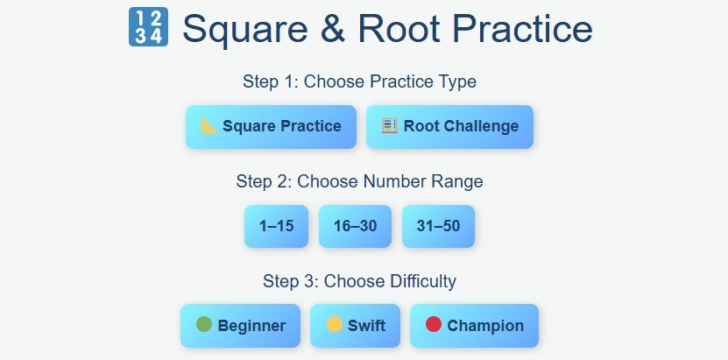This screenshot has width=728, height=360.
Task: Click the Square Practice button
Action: click(271, 127)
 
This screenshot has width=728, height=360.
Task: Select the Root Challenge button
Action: click(449, 127)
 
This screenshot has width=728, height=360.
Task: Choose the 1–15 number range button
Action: click(276, 226)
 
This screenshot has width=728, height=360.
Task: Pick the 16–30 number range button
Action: click(355, 226)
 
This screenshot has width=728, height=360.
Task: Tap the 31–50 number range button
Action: click(438, 226)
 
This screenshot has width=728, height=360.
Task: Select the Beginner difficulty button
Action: click(240, 326)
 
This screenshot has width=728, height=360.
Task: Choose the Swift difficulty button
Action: click(356, 326)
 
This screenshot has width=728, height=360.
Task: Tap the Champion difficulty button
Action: click(474, 326)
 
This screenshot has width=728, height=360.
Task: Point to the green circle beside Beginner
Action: click(204, 325)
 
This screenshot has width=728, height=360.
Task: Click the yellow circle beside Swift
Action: click(334, 325)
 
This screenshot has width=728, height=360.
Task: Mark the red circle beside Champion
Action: click(434, 325)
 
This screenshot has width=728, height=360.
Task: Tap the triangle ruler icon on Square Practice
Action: click(209, 125)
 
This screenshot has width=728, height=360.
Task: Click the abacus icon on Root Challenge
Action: click(390, 125)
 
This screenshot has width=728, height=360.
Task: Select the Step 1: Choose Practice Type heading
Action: click(359, 81)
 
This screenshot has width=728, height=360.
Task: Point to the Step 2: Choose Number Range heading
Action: click(359, 181)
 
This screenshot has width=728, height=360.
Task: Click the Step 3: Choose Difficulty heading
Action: click(359, 281)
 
